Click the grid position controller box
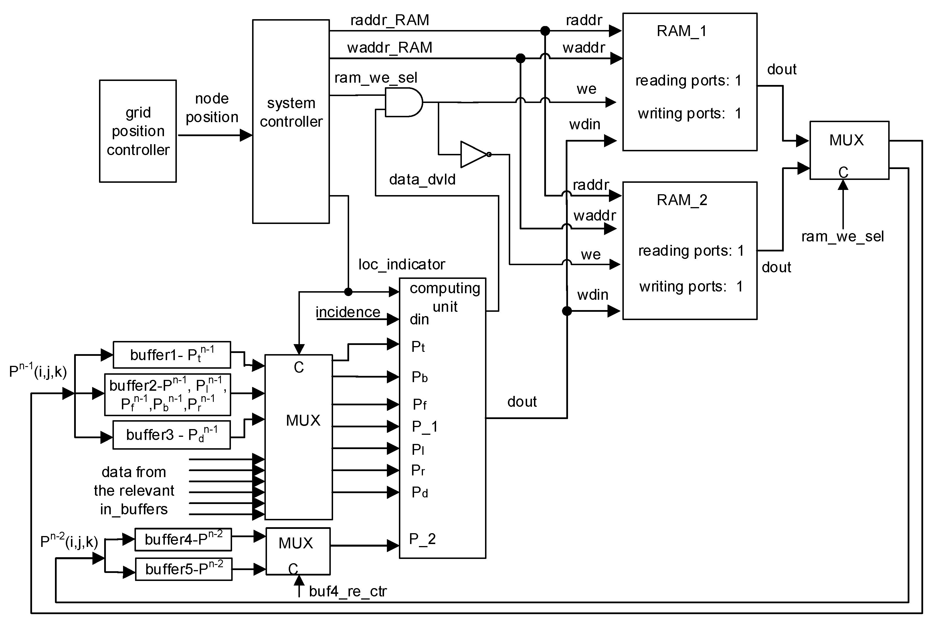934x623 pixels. tap(138, 131)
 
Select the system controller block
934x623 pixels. tap(291, 121)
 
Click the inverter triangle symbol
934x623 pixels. tap(474, 154)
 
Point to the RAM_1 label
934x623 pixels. tap(681, 31)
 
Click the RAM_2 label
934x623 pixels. tap(681, 200)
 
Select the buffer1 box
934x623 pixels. tap(172, 355)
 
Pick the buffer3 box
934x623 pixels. tap(172, 435)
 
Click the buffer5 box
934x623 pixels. tap(184, 569)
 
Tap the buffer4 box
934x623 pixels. tap(183, 539)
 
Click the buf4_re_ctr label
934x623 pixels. tap(347, 592)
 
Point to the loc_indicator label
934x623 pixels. tap(401, 264)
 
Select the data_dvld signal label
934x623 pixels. tap(422, 180)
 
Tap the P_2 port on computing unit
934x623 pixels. tap(422, 539)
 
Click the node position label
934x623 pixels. tap(212, 108)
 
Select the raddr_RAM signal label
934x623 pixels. tap(389, 20)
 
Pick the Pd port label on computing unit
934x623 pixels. tap(419, 492)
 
